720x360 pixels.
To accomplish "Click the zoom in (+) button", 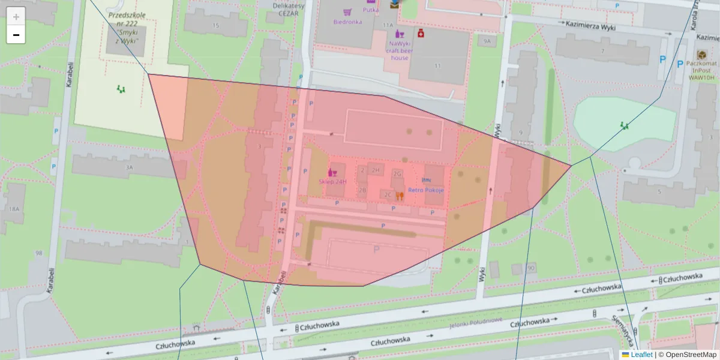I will [x=16, y=17].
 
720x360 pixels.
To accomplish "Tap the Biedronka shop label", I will [x=347, y=22].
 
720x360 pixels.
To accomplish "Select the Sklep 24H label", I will [x=333, y=181].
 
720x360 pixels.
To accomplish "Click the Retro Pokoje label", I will [x=425, y=190].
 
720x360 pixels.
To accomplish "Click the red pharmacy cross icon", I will [x=421, y=33].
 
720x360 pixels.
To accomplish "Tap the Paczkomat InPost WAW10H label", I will [x=701, y=70].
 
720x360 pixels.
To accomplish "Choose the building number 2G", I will [x=397, y=174].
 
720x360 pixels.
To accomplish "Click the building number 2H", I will [x=376, y=170].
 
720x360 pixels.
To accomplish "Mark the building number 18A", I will [x=14, y=209].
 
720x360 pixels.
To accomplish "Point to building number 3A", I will [x=128, y=168].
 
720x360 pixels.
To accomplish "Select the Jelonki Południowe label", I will [x=475, y=323].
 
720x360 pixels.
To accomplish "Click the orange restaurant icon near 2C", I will [x=400, y=195].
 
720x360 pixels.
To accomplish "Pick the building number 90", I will [x=531, y=268].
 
